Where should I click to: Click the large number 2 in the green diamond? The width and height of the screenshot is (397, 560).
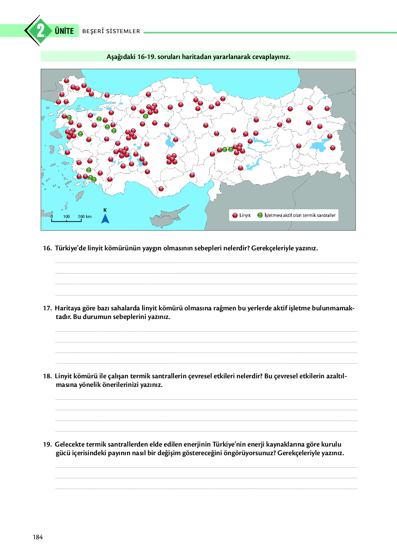tap(41, 31)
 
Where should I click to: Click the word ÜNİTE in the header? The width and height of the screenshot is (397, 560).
tap(64, 31)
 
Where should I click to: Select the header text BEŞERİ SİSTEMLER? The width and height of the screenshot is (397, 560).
tap(111, 31)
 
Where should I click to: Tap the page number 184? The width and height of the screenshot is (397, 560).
tap(38, 537)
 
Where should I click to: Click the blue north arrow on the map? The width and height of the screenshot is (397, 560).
tap(105, 219)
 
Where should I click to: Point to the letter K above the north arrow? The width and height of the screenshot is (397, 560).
tap(105, 210)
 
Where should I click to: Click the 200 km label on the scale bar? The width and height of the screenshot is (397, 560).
tap(84, 217)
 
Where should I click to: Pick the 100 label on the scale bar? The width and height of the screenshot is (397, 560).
tap(67, 217)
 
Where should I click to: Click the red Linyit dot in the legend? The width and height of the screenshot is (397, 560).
tap(235, 215)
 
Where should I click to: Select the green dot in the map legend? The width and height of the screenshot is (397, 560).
tap(260, 215)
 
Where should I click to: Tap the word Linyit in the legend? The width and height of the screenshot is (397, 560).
tap(245, 215)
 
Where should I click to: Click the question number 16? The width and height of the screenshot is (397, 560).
tap(47, 248)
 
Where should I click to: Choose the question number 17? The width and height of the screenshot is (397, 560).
tap(47, 308)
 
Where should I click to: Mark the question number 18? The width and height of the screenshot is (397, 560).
tap(47, 376)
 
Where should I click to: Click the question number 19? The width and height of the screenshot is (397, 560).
tap(47, 444)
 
